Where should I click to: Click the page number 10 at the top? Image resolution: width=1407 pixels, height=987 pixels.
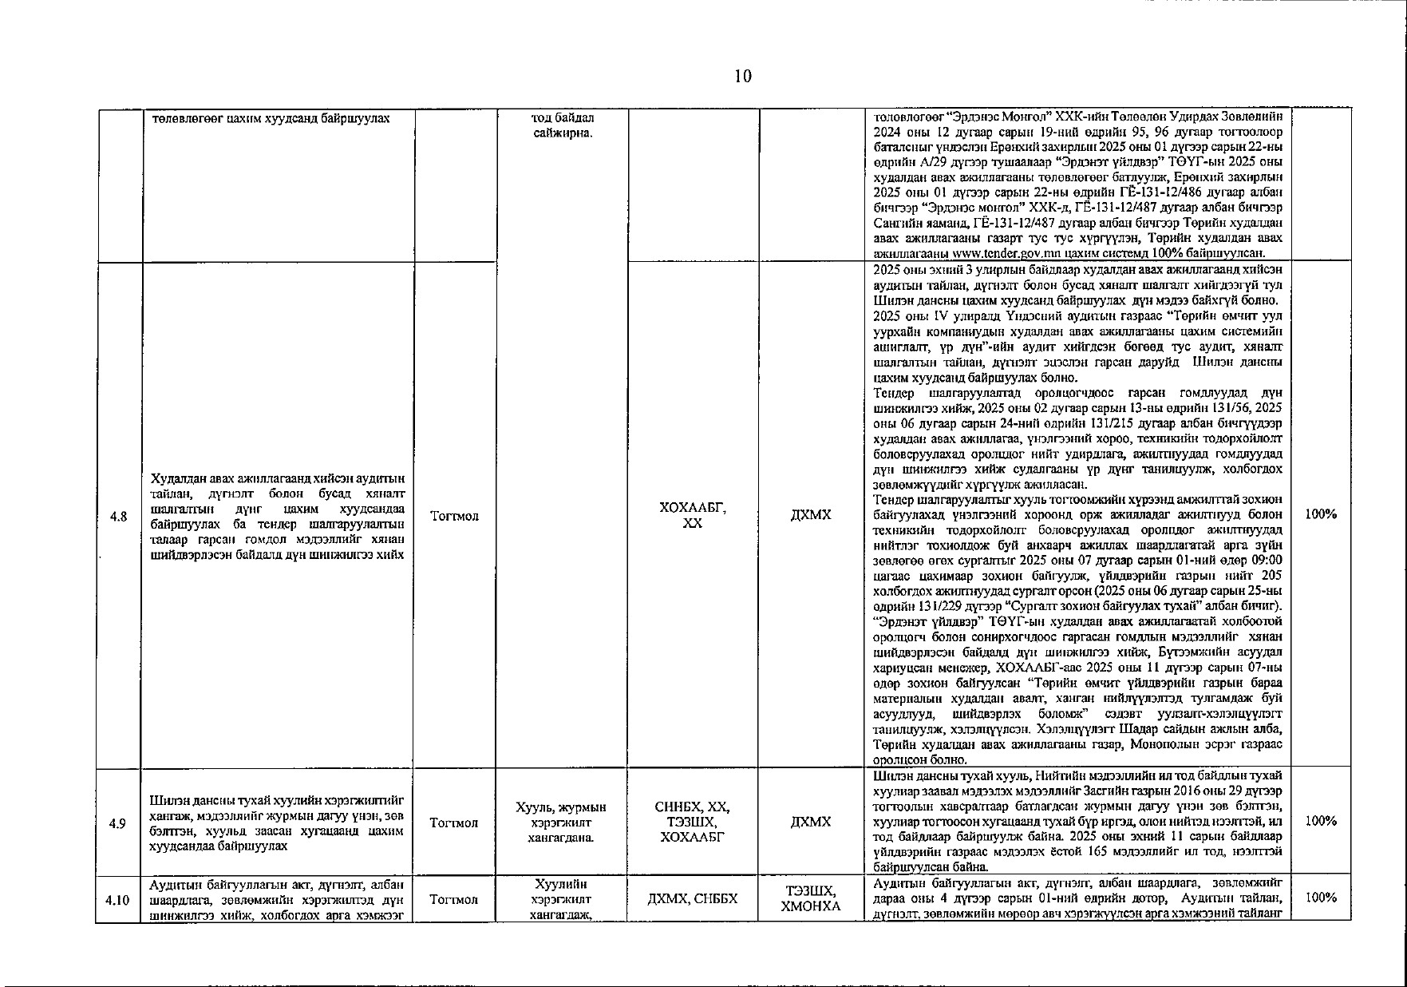pyautogui.click(x=742, y=77)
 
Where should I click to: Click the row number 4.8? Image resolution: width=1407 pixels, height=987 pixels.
pyautogui.click(x=118, y=516)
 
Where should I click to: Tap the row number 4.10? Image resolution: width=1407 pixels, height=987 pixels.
pyautogui.click(x=118, y=899)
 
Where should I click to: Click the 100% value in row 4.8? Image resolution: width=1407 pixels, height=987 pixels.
pyautogui.click(x=1320, y=514)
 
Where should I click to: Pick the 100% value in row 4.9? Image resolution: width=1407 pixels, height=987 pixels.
pyautogui.click(x=1320, y=821)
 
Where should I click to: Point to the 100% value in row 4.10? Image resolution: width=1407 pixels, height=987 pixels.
pyautogui.click(x=1320, y=898)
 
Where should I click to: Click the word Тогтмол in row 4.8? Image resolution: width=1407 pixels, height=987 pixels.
pyautogui.click(x=453, y=516)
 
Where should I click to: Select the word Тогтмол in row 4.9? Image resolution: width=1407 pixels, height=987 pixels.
pyautogui.click(x=453, y=822)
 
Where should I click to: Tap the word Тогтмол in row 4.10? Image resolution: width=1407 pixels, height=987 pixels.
pyautogui.click(x=453, y=899)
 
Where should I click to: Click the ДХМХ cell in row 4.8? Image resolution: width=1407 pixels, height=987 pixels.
pyautogui.click(x=811, y=515)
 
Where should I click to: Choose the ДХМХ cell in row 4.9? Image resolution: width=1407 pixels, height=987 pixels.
pyautogui.click(x=811, y=822)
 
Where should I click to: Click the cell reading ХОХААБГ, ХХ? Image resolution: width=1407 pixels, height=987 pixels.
pyautogui.click(x=693, y=515)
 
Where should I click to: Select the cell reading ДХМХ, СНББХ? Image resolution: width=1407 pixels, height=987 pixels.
pyautogui.click(x=693, y=899)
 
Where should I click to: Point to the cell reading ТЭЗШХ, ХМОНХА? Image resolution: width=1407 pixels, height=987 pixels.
pyautogui.click(x=811, y=898)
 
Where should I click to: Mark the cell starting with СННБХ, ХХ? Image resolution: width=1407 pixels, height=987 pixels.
pyautogui.click(x=693, y=822)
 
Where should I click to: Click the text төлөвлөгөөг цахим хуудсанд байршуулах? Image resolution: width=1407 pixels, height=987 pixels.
pyautogui.click(x=271, y=118)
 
